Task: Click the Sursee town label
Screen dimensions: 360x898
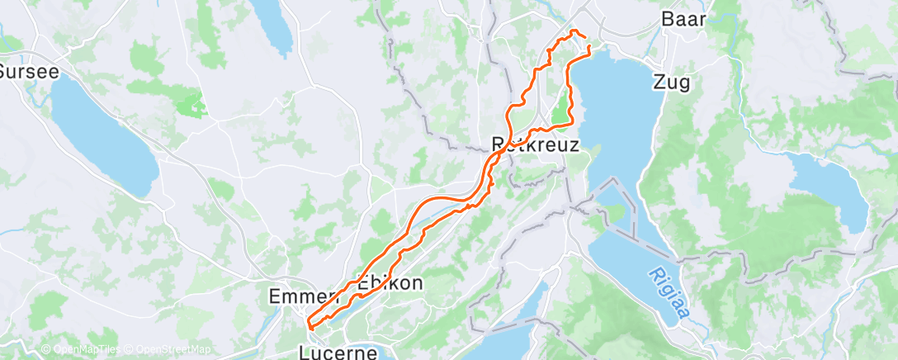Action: pos(30,71)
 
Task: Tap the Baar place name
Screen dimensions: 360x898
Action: pos(683,19)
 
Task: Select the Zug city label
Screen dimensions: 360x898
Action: pos(671,82)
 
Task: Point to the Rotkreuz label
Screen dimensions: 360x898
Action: pos(535,144)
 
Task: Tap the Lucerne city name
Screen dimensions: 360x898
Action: pos(338,353)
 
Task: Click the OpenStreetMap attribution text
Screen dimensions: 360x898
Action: pos(167,350)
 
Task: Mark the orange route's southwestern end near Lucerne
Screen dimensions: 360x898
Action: pos(309,324)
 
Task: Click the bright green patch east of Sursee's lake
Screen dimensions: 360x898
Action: pos(192,105)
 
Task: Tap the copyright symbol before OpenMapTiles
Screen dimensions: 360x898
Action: pos(45,350)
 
